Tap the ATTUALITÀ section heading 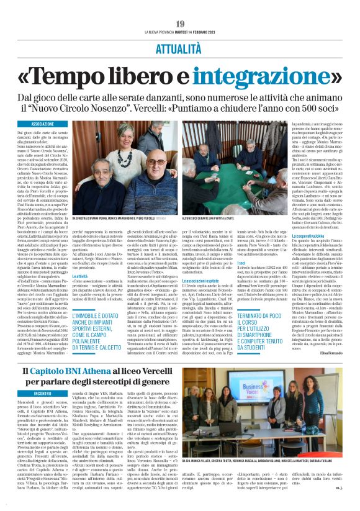(x=180, y=47)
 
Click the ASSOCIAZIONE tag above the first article (x=43, y=124)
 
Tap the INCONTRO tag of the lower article (x=43, y=393)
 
